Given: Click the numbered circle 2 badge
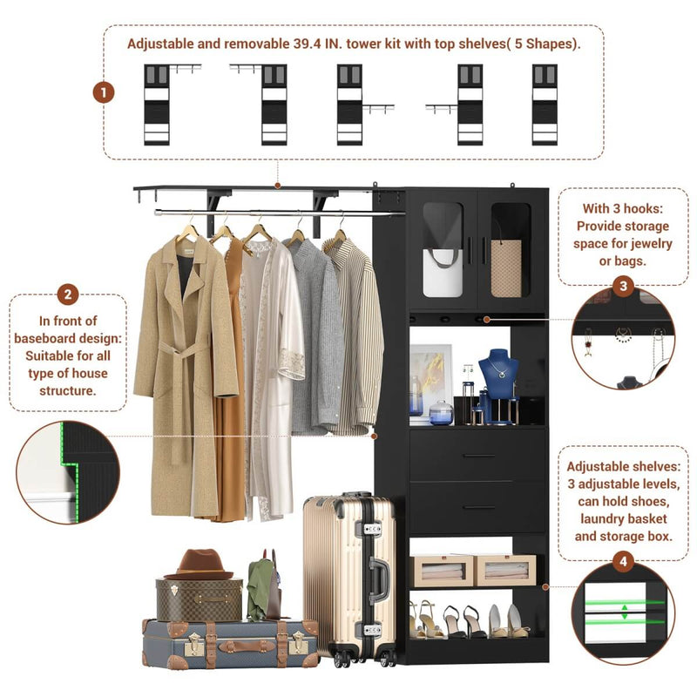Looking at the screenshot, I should point(69,294).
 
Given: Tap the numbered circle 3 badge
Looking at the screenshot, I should point(622,286).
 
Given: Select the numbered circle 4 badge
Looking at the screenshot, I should point(623,562).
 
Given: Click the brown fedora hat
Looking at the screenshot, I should point(200,564).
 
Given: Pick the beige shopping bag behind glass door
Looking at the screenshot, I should point(511,266).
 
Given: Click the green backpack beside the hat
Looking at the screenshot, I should point(262,588).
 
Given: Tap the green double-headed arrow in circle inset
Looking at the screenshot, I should point(624,611).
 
